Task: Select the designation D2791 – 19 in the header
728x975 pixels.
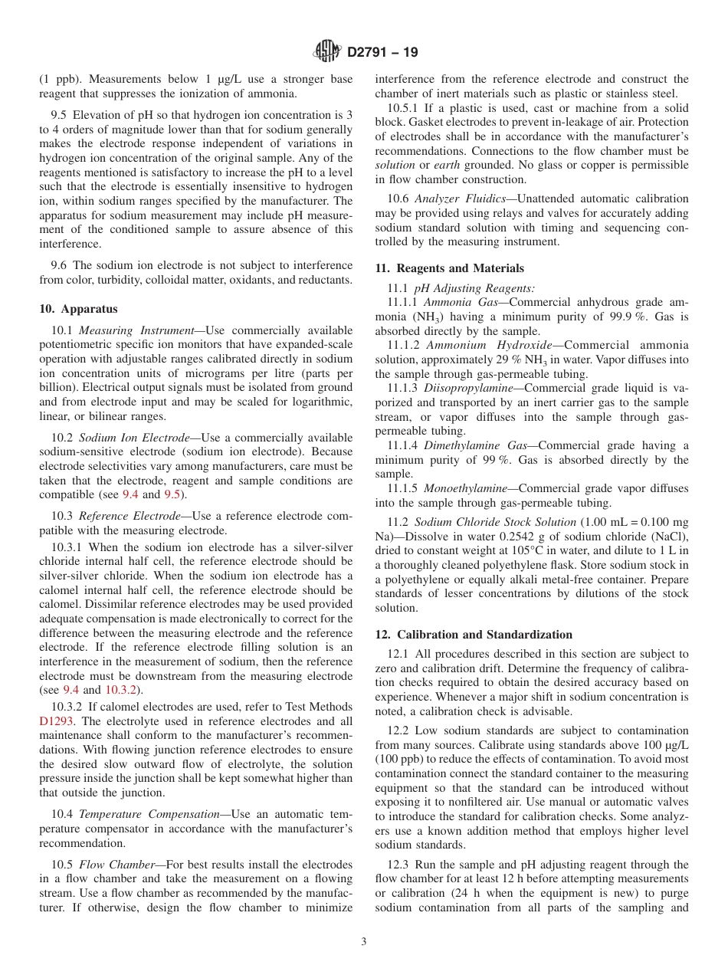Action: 382,53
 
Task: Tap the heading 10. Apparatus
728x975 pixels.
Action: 79,309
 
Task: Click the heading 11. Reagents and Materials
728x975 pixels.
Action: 450,268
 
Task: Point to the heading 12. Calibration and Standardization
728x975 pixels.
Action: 474,635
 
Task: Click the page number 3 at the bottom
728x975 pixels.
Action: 364,942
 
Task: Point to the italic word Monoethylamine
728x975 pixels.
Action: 458,488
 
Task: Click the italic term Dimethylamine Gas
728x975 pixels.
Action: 467,445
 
